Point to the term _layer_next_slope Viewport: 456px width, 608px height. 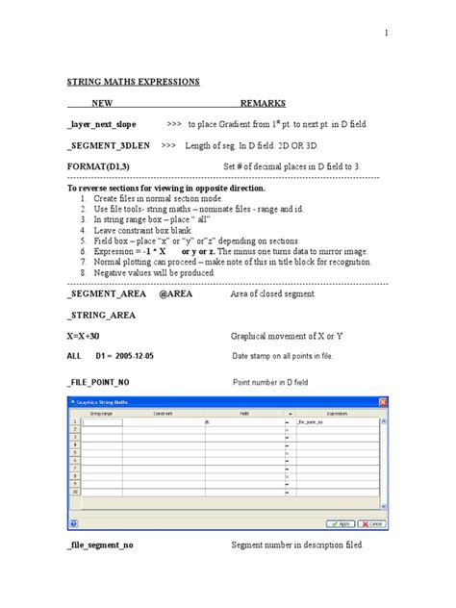102,125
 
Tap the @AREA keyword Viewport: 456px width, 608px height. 176,294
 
